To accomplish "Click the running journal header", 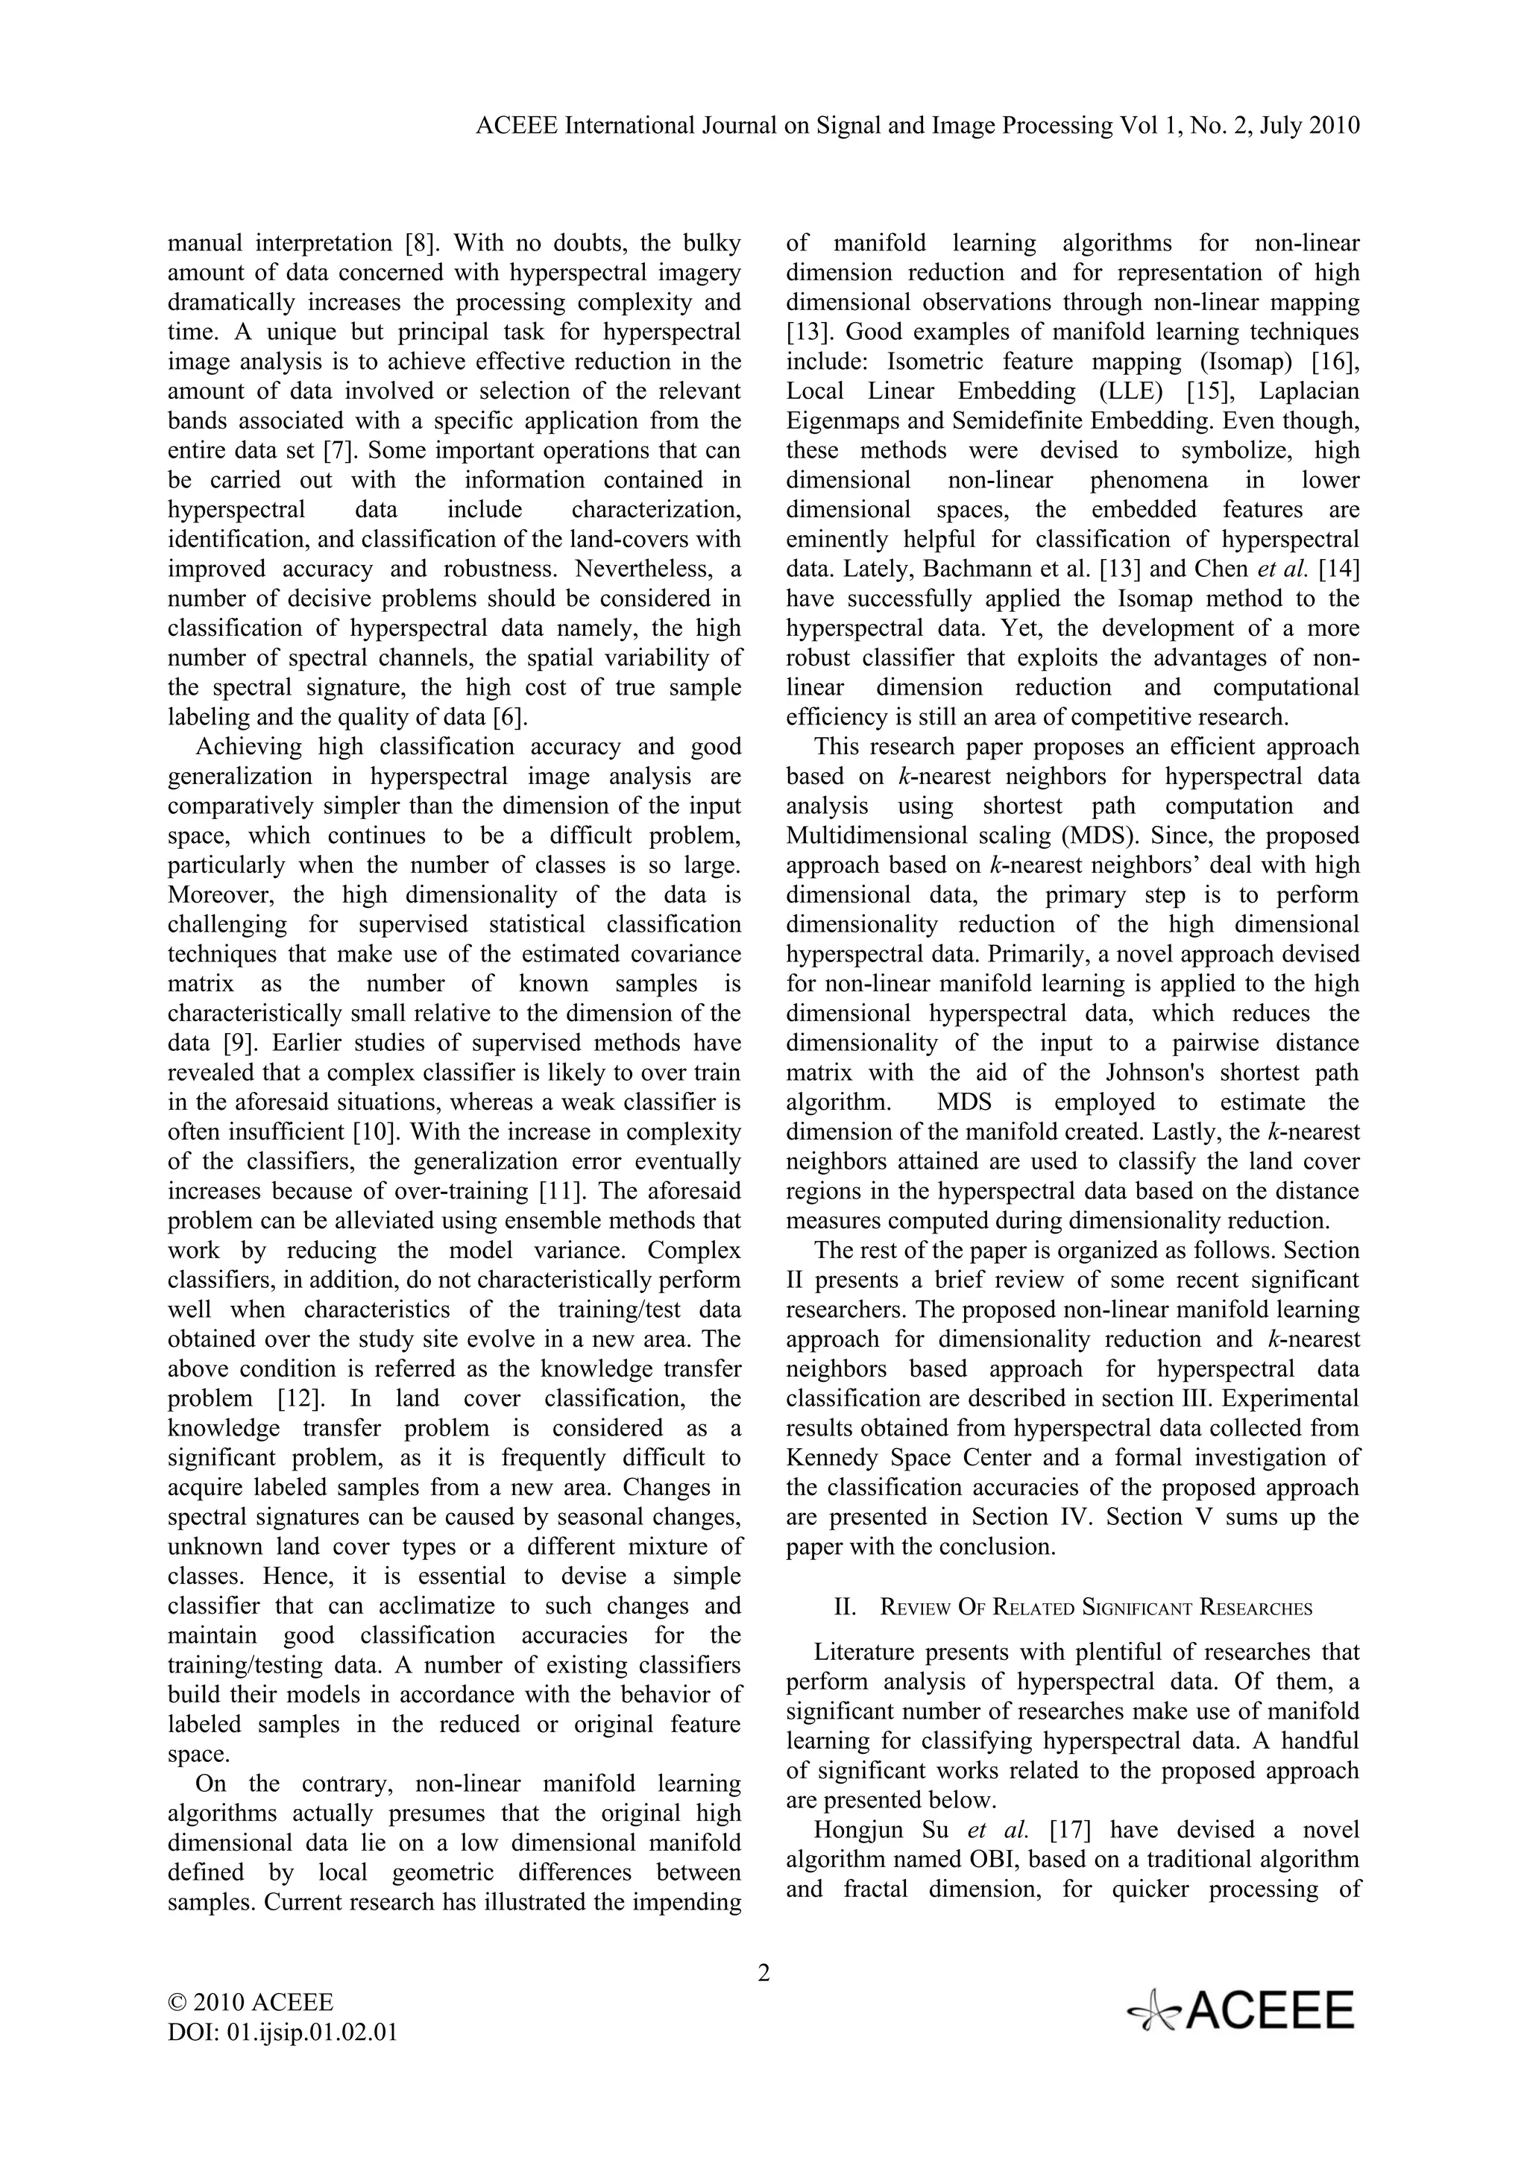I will [919, 126].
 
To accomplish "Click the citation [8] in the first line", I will [421, 244].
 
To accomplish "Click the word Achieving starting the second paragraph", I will [249, 747].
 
